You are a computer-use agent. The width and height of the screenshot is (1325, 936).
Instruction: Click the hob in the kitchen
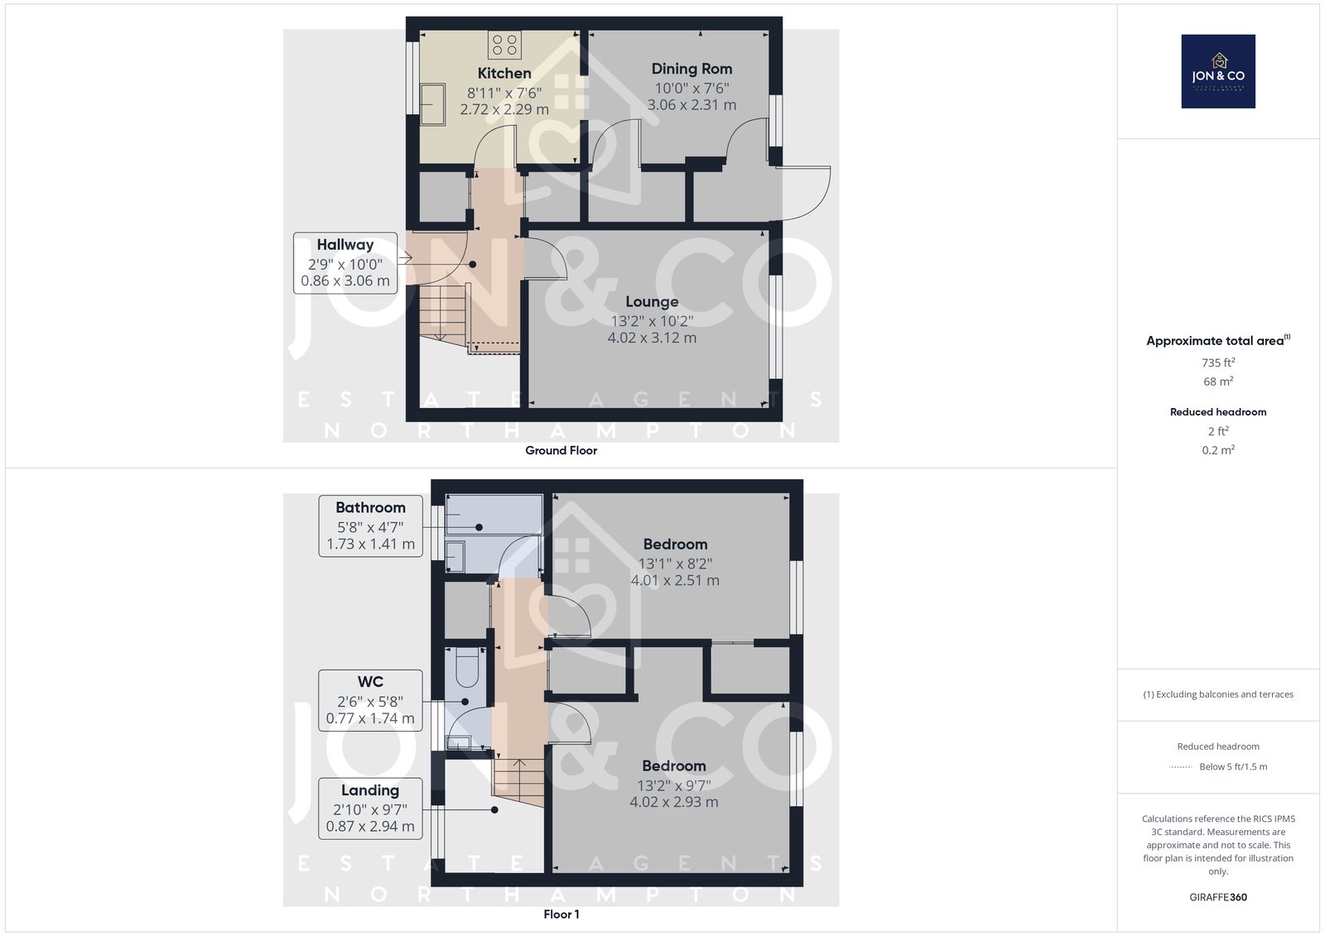point(504,45)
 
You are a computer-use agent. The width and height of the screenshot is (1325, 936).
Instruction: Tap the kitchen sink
point(432,104)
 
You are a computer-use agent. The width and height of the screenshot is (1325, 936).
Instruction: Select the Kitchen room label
point(504,74)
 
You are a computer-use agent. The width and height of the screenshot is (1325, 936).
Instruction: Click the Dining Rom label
point(691,69)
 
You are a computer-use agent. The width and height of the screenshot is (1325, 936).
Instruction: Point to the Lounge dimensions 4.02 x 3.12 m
point(652,338)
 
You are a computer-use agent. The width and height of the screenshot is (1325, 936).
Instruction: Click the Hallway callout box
point(345,263)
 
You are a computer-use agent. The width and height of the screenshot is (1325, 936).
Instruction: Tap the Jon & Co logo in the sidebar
point(1218,71)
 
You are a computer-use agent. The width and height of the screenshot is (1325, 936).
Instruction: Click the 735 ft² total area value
point(1218,362)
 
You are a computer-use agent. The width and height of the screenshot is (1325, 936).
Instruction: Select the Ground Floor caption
point(561,450)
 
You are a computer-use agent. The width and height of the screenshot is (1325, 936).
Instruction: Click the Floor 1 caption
point(561,914)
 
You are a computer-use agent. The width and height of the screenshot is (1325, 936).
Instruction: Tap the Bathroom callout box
point(371,526)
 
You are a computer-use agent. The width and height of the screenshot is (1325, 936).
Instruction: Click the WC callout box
point(370,701)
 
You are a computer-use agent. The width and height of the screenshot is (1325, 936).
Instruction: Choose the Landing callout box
point(370,809)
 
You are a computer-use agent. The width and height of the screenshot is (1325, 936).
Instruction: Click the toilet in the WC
point(467,668)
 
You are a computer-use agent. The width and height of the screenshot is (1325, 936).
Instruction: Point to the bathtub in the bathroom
point(494,515)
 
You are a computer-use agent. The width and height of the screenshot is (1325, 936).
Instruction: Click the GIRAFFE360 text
point(1218,897)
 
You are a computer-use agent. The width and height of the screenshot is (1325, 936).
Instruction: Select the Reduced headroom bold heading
point(1218,412)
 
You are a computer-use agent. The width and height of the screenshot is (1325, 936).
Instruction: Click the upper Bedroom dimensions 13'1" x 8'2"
point(675,564)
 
